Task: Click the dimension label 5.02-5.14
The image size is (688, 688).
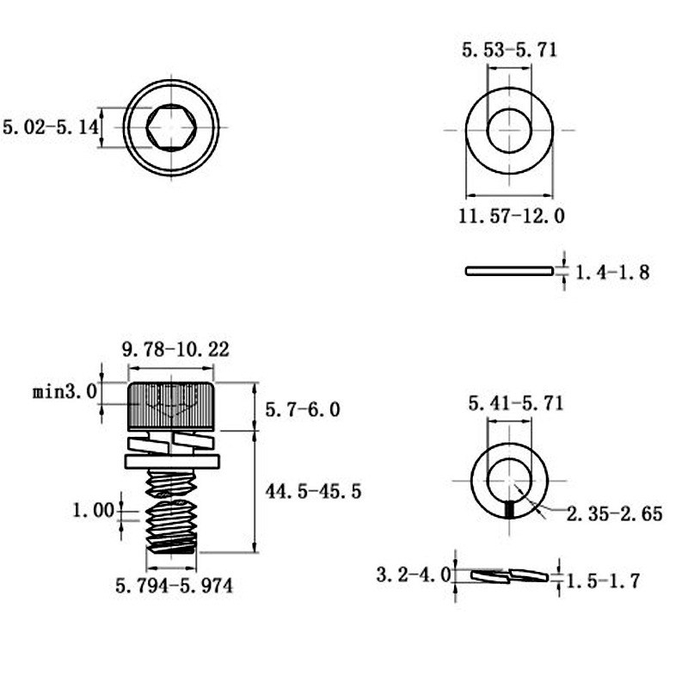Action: (x=51, y=127)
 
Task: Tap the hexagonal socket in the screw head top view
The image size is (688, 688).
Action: (x=169, y=127)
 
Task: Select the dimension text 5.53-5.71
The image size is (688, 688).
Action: (x=509, y=50)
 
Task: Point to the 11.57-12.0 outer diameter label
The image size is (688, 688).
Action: (x=511, y=216)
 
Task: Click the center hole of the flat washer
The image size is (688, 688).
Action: (x=509, y=130)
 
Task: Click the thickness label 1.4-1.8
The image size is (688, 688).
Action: (x=611, y=273)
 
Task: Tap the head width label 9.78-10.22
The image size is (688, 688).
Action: (x=175, y=349)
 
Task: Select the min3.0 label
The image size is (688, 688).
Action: (x=64, y=392)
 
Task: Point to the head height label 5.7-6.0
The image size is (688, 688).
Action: (x=302, y=409)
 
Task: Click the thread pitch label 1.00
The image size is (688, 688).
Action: (x=93, y=511)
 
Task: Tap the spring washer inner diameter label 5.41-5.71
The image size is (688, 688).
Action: (x=515, y=402)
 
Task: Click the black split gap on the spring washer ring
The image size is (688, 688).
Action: (x=510, y=510)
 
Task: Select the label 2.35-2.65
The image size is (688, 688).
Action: (x=615, y=514)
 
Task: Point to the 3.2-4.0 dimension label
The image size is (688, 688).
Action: (x=413, y=574)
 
